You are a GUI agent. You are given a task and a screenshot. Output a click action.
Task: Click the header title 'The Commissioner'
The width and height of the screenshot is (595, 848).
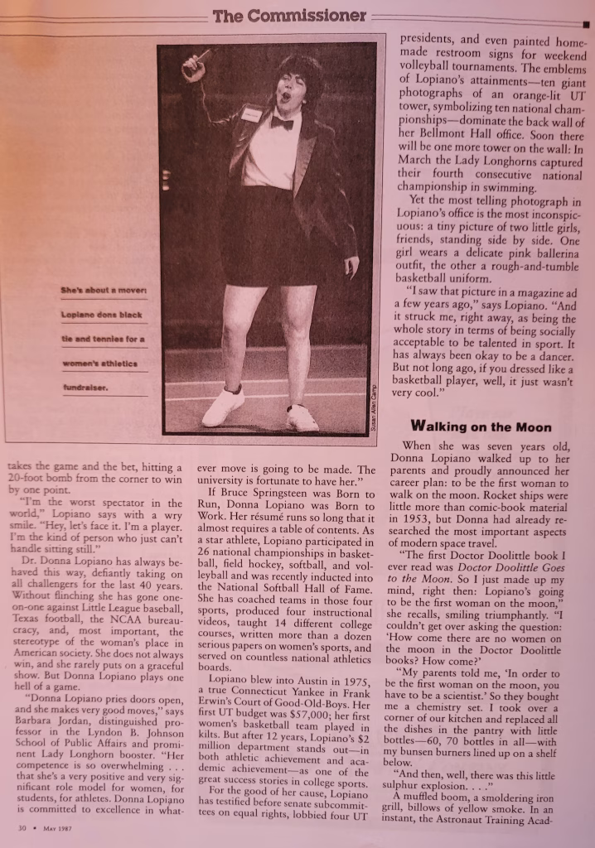[289, 16]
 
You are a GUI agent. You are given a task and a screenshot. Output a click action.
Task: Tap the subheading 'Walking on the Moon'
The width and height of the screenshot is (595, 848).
[481, 427]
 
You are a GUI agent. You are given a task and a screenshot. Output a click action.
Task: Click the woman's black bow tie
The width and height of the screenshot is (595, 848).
[282, 123]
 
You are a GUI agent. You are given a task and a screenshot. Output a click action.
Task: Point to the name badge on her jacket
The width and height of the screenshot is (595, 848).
[250, 113]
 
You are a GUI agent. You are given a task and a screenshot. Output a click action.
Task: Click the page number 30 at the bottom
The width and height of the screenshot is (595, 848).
[24, 827]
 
